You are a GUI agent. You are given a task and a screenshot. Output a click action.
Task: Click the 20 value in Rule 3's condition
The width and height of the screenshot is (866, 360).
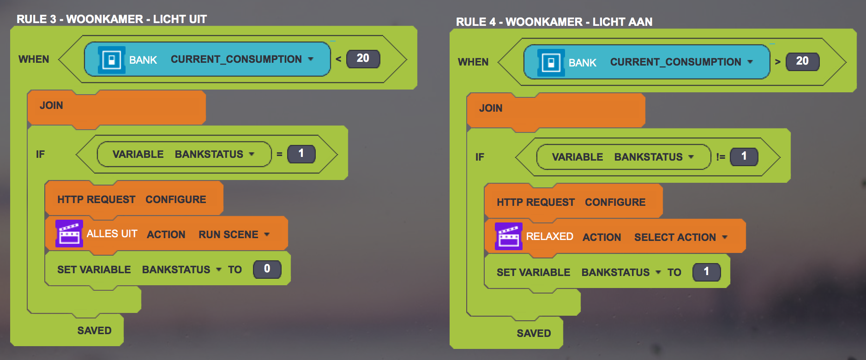point(363,59)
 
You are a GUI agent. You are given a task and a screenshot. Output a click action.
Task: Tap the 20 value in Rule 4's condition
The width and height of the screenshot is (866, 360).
point(802,61)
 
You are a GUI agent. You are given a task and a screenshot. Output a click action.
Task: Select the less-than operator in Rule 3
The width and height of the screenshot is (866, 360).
point(338,59)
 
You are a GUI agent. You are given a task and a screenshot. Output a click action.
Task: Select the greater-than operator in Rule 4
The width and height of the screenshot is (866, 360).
point(778,62)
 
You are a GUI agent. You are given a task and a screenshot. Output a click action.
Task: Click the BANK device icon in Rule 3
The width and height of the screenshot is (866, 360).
point(111,60)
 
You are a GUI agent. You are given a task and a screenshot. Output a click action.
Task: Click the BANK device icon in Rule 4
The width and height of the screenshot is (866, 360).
point(551,63)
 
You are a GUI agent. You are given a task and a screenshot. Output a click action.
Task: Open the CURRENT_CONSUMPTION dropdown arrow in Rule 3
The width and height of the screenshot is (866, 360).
point(311,59)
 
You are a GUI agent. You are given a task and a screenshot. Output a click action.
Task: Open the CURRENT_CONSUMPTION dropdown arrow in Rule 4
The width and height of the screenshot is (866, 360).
point(750,62)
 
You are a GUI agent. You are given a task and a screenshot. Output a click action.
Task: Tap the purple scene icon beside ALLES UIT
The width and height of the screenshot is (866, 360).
point(69,234)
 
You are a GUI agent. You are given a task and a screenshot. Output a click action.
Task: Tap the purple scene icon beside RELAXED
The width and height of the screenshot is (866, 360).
point(509,237)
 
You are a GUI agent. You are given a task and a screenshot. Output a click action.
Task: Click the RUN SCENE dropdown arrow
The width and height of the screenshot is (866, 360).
point(267,234)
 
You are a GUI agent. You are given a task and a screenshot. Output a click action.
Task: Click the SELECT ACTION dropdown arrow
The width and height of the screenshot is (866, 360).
point(725,237)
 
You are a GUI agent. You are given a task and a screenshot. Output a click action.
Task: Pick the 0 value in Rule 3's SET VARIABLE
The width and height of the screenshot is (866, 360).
point(267,269)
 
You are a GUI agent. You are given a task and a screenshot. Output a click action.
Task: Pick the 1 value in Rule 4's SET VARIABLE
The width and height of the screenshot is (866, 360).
point(706,272)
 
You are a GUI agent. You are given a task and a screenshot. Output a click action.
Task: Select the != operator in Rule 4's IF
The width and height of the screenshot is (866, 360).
point(721,157)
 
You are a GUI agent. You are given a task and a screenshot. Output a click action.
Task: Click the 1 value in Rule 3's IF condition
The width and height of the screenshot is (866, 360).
point(301,154)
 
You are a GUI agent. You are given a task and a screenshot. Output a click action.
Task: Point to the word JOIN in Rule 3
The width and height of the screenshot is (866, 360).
point(51,105)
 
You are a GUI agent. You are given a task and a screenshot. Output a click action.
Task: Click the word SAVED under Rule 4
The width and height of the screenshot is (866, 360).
point(534,333)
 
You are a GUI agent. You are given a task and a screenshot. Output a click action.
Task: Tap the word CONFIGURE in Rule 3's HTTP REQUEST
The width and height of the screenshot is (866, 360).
point(175,199)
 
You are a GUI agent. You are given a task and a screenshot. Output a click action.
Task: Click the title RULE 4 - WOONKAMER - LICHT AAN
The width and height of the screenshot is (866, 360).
point(554,22)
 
